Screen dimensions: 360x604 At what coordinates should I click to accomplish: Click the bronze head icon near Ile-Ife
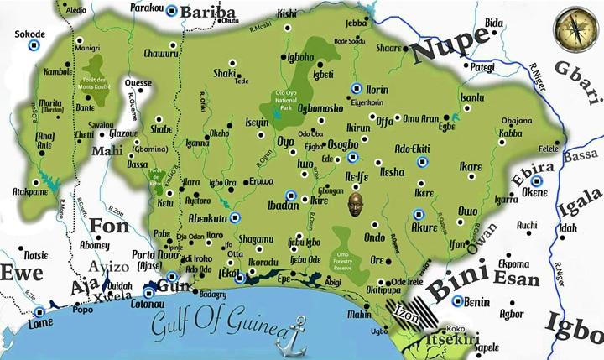click(359, 201)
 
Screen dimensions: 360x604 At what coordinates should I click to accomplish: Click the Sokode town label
click(30, 34)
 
